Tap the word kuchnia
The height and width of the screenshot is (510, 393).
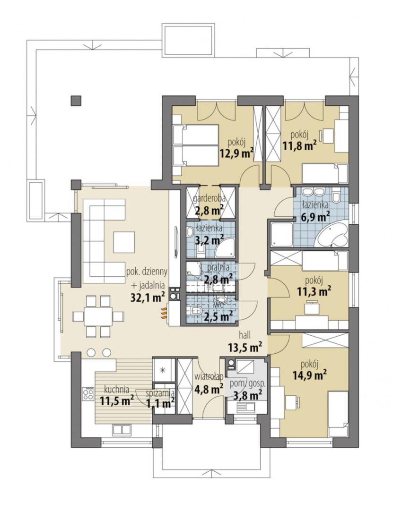117,389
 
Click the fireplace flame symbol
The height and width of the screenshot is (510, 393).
163,313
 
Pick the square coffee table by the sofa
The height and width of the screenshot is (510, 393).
124,243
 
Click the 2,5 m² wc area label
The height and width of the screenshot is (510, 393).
218,315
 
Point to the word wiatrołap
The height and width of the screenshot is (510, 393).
209,377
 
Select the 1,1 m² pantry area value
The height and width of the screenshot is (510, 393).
160,403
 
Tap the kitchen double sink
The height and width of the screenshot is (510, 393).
122,429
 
